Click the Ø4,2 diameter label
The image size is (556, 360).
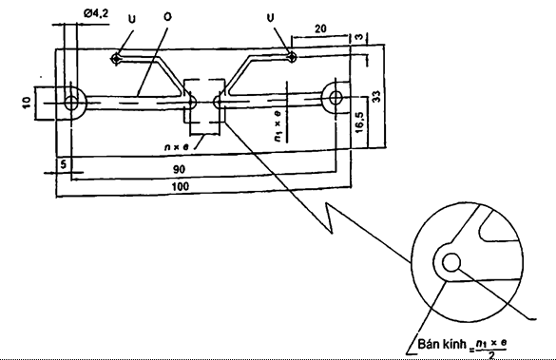point(96,13)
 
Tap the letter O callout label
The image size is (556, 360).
point(167,17)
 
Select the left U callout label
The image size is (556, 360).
point(131,19)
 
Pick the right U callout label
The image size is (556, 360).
point(270,17)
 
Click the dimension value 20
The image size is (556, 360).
point(320,28)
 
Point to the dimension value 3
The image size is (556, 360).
point(359,36)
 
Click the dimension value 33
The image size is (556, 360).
point(376,96)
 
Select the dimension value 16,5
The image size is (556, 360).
point(359,123)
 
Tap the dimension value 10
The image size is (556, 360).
point(27,103)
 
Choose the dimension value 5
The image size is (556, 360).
point(64,164)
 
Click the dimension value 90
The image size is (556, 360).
point(179,169)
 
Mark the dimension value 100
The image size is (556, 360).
point(181,186)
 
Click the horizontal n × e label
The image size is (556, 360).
point(176,146)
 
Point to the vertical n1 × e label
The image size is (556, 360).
point(278,125)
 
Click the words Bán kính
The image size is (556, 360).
point(442,343)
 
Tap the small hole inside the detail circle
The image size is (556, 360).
point(451,262)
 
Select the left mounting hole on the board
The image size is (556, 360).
point(71,104)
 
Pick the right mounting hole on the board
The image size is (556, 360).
point(336,98)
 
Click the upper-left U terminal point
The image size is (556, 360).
point(116,59)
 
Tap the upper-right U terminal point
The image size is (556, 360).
point(292,56)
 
